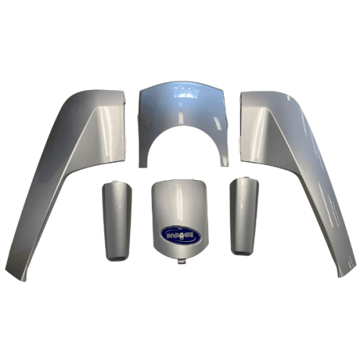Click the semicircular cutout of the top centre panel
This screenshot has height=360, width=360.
(183, 144)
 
